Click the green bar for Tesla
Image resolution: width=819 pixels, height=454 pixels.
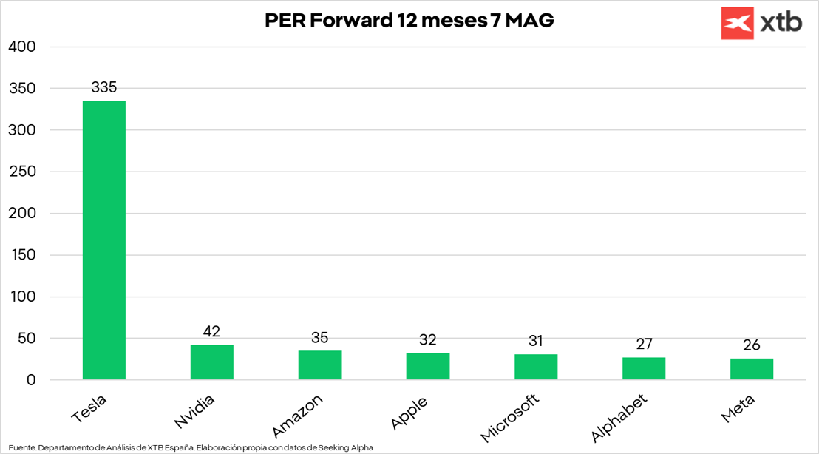pyautogui.click(x=104, y=240)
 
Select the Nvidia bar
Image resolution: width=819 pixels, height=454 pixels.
pyautogui.click(x=212, y=362)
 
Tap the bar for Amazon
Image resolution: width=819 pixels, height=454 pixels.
pyautogui.click(x=320, y=365)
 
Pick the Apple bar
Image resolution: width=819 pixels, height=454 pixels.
pyautogui.click(x=428, y=367)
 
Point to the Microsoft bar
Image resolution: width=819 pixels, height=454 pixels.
pyautogui.click(x=536, y=367)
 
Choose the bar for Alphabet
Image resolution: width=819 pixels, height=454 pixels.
pyautogui.click(x=644, y=368)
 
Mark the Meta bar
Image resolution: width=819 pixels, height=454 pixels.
pyautogui.click(x=752, y=369)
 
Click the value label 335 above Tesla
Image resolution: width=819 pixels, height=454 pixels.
pyautogui.click(x=104, y=87)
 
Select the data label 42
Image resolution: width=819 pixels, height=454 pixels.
pyautogui.click(x=212, y=331)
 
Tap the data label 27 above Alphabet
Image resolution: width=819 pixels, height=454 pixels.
pyautogui.click(x=644, y=344)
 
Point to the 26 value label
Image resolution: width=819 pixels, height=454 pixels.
pyautogui.click(x=752, y=345)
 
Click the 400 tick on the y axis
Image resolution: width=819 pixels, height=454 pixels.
pyautogui.click(x=21, y=47)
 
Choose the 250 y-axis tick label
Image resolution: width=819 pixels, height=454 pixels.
pyautogui.click(x=21, y=172)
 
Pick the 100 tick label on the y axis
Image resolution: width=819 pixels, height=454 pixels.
pyautogui.click(x=21, y=297)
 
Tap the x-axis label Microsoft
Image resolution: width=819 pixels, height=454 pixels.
pyautogui.click(x=511, y=418)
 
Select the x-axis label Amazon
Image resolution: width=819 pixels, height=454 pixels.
pyautogui.click(x=297, y=416)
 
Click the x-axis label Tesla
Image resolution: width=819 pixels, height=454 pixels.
pyautogui.click(x=89, y=410)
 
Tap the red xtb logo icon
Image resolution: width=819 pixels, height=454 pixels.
pyautogui.click(x=737, y=24)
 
